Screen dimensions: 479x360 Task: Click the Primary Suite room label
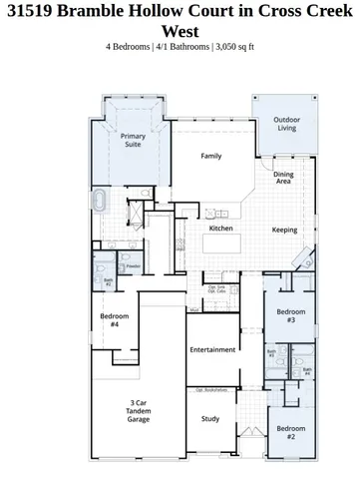132,140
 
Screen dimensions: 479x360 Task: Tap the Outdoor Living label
286,124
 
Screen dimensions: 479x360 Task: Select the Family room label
211,156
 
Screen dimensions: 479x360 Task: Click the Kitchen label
220,229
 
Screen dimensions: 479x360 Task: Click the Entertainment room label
211,349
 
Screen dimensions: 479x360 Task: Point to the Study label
209,419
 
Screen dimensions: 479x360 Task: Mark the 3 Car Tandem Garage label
140,411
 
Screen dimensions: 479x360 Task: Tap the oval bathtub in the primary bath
101,203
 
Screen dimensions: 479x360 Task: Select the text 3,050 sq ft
243,46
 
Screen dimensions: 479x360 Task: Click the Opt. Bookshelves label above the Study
209,390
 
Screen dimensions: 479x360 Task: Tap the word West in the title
180,32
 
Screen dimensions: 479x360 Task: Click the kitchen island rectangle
218,214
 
